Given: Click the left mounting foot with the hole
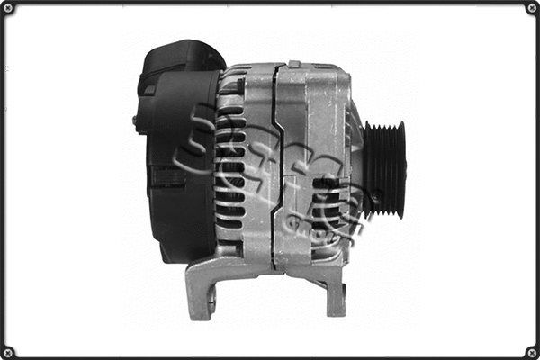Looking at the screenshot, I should (x=202, y=292).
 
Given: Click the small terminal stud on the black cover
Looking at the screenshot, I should (x=136, y=120).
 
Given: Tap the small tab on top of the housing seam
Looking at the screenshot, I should (x=294, y=64).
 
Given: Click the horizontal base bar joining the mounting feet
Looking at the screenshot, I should (x=270, y=269).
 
